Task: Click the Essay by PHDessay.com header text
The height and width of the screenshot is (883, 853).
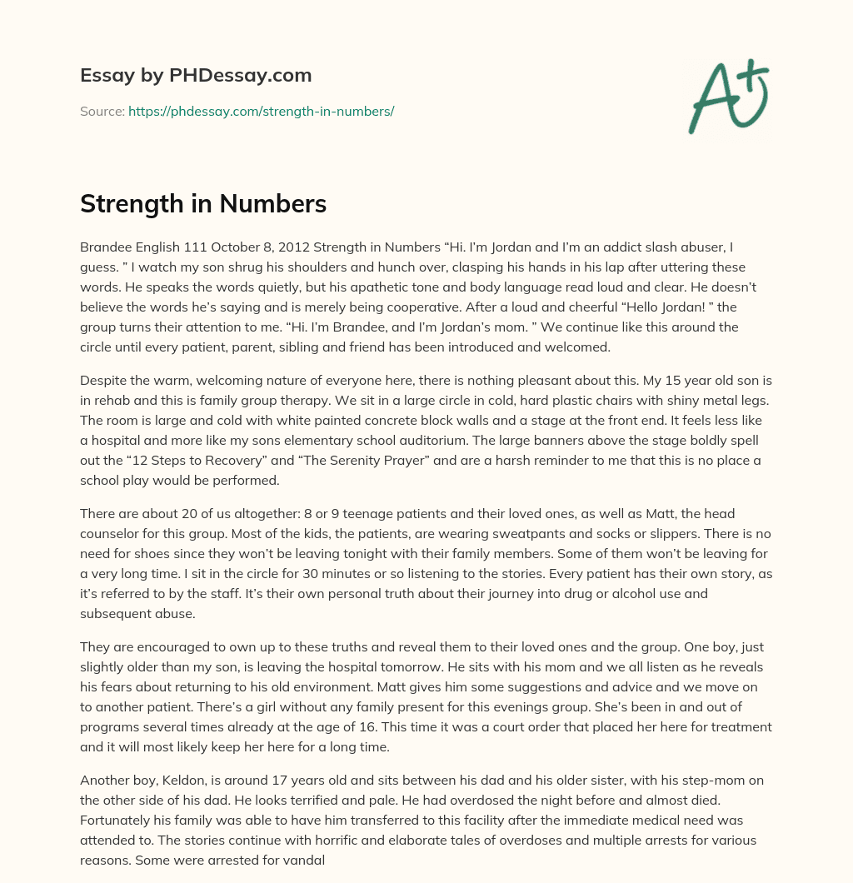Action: pos(196,76)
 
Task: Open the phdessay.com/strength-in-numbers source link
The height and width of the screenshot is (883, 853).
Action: pos(261,111)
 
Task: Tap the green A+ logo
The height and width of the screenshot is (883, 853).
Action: pos(728,97)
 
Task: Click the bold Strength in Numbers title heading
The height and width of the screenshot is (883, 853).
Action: pos(203,204)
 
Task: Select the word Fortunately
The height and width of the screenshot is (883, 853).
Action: pos(117,821)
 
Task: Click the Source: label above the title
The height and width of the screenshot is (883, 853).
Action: pos(102,111)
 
